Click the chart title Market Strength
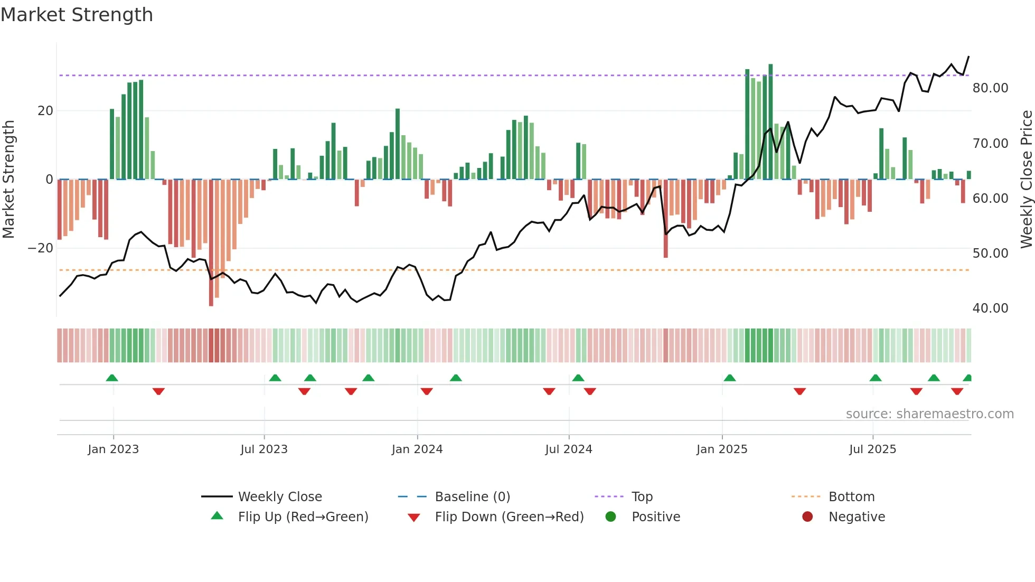tap(77, 15)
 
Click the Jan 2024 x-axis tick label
tap(417, 449)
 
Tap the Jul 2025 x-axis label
tap(872, 449)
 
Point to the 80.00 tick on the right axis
tap(990, 88)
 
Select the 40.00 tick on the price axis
tap(990, 308)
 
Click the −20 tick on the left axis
tap(41, 248)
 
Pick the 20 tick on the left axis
tap(45, 111)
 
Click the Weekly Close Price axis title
tap(1026, 180)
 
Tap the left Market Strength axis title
tap(8, 180)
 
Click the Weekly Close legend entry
tap(279, 497)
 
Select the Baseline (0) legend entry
tap(472, 497)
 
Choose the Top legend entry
tap(642, 497)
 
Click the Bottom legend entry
tap(851, 497)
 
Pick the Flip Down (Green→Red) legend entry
tap(509, 517)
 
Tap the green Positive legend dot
tap(611, 517)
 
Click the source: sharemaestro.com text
tap(929, 414)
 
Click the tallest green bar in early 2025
tap(770, 121)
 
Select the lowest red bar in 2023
tap(211, 243)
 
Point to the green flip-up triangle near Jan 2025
tap(730, 378)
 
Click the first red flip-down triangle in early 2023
tap(158, 391)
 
